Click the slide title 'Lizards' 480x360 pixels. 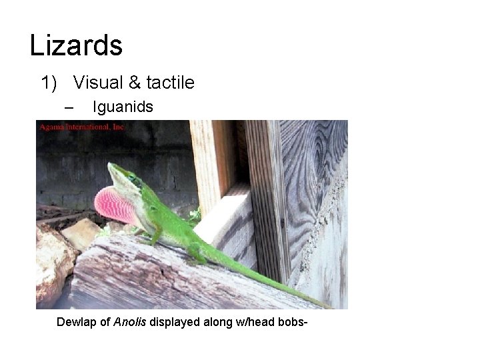coord(76,45)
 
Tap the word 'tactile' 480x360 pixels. coord(169,83)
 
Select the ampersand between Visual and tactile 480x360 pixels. coord(135,83)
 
